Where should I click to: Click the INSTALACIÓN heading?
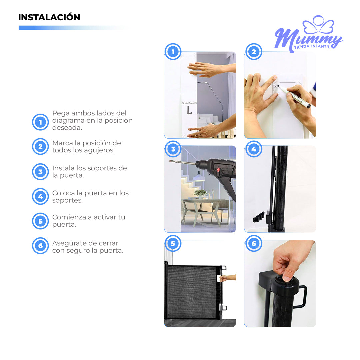[x=49, y=17]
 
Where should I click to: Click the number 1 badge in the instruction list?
[x=40, y=122]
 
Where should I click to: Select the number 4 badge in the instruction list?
[x=40, y=196]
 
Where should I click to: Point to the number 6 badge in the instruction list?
[x=40, y=246]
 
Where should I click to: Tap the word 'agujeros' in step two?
[x=99, y=150]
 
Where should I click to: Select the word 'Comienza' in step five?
[x=68, y=217]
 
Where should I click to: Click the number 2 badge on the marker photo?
[x=254, y=52]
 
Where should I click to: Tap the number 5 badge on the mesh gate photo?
[x=173, y=243]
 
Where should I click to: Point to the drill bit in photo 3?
[x=182, y=163]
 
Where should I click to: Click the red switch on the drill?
[x=218, y=170]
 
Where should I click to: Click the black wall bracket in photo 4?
[x=259, y=217]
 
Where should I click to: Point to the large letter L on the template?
[x=189, y=110]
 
